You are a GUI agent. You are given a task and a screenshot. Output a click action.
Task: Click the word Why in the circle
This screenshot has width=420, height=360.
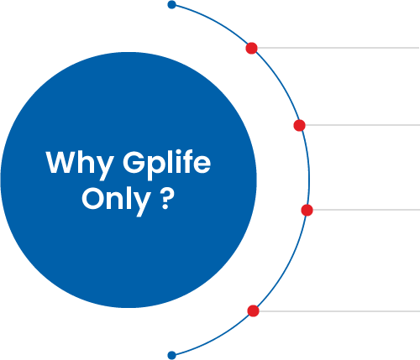(80, 165)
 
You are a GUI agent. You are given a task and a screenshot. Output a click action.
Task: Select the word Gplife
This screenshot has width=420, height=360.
(166, 165)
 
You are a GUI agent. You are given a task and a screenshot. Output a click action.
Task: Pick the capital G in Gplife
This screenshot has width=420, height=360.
(134, 162)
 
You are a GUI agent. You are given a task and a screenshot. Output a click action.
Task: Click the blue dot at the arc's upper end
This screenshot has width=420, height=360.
(171, 4)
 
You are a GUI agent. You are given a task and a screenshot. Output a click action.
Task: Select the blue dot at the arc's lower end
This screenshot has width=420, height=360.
(171, 356)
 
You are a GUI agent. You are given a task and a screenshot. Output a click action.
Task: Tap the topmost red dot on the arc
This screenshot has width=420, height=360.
(251, 48)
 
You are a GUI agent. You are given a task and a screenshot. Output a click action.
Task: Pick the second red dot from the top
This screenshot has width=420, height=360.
(299, 125)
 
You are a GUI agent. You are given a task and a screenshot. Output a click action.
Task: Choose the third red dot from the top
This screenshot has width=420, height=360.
(307, 210)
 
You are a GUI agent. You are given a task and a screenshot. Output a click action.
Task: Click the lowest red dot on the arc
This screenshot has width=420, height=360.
(253, 310)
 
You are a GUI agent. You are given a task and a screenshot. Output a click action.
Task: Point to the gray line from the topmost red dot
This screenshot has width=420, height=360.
(339, 48)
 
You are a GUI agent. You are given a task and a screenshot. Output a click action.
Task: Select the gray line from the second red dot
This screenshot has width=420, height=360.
(363, 125)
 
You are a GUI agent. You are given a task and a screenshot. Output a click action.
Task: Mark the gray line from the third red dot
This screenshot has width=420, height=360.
(366, 210)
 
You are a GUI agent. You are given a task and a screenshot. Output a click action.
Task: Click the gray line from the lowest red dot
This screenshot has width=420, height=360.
(339, 311)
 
